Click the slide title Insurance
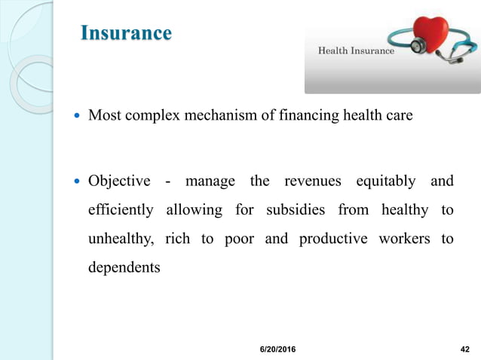click(126, 34)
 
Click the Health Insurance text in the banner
click(356, 51)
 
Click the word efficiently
click(121, 210)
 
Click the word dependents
click(124, 267)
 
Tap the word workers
click(406, 239)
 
